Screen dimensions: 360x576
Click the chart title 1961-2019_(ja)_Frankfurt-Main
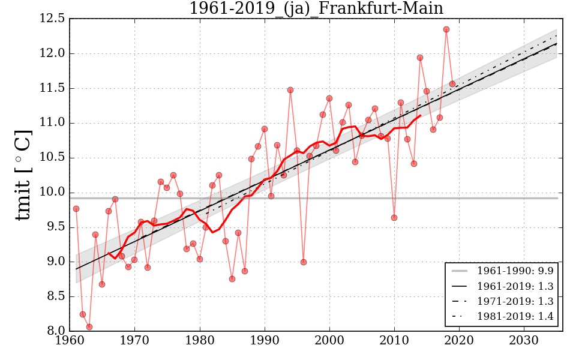pos(316,9)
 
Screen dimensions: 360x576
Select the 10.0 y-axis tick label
pos(52,193)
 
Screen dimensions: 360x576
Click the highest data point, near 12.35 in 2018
pos(446,29)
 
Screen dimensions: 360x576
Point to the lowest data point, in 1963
pos(89,327)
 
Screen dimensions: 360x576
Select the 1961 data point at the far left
pos(76,209)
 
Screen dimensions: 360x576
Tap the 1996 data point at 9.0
pos(304,262)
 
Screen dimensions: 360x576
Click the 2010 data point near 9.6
pos(394,218)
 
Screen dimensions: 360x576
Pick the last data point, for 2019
pos(452,84)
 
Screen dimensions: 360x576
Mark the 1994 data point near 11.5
pos(290,90)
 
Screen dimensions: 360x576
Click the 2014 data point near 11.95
pos(420,58)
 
